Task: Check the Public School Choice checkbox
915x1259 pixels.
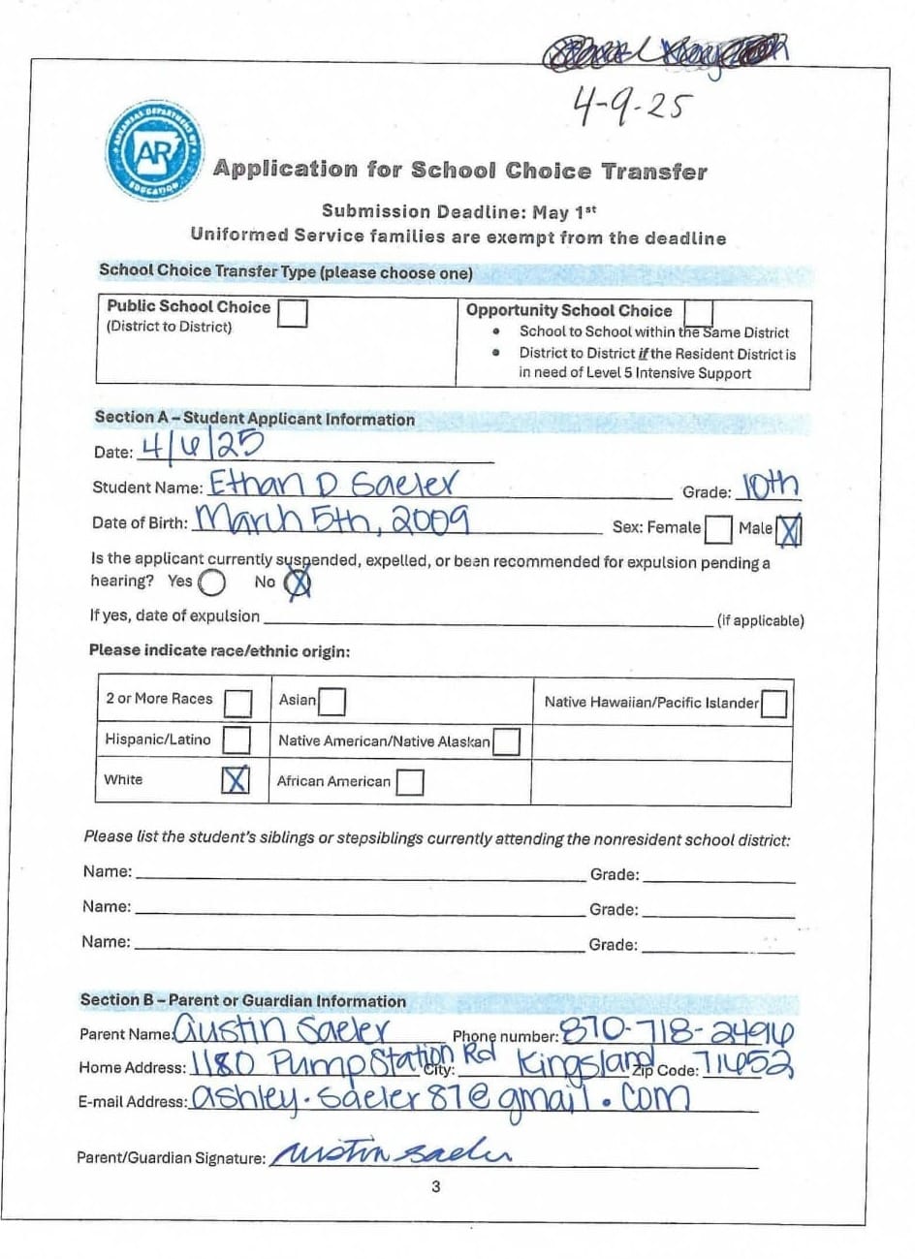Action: coord(293,313)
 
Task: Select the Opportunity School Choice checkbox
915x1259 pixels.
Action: coord(698,312)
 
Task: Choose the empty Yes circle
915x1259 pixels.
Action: coord(211,582)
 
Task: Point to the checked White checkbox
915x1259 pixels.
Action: coord(236,780)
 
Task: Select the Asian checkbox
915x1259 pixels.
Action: coord(331,700)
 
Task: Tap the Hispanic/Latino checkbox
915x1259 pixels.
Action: coord(237,740)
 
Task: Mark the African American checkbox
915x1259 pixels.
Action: coord(409,781)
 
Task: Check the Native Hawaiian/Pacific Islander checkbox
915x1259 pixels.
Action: coord(773,704)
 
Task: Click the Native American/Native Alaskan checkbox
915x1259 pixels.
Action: coord(506,742)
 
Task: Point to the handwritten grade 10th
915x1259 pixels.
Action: coord(771,486)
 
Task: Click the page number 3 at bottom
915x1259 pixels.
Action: coord(436,1186)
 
